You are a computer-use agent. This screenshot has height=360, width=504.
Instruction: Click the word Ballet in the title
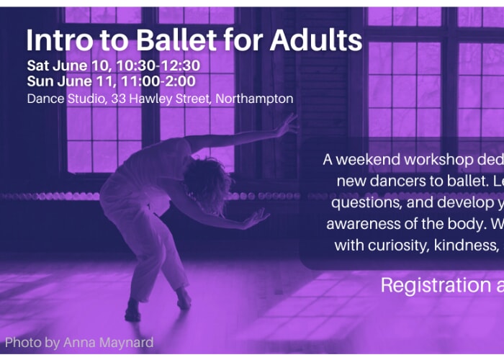[176, 40]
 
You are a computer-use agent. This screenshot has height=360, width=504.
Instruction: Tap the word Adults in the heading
[316, 40]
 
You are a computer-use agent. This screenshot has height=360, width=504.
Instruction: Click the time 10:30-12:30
[158, 66]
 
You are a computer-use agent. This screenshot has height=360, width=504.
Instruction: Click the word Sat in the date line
[38, 66]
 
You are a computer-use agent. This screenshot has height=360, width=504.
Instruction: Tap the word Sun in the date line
[40, 81]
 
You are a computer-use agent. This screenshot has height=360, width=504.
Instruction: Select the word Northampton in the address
[254, 99]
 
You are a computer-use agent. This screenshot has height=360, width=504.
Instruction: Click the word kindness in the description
[466, 246]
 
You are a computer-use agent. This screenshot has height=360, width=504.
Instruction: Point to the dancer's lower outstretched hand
[256, 219]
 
